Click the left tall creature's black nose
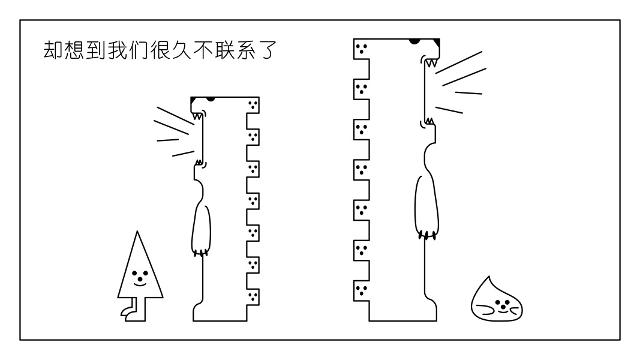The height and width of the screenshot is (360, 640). [210, 98]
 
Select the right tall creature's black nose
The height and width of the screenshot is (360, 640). [414, 41]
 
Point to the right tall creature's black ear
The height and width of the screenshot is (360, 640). [437, 42]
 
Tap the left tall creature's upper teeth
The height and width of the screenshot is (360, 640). [197, 116]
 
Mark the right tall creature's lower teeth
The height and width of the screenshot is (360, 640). [429, 122]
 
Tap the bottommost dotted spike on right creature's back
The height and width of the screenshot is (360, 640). [360, 290]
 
